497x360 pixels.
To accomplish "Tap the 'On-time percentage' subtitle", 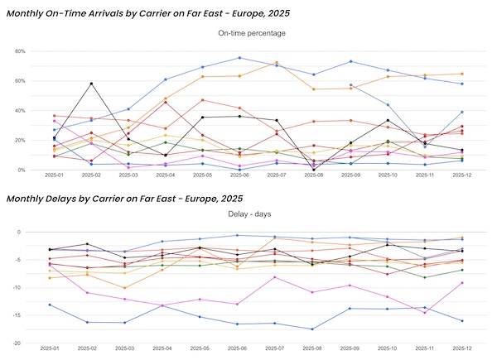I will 252,33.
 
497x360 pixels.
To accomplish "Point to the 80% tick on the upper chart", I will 19,51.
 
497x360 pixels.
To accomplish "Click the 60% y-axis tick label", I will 19,81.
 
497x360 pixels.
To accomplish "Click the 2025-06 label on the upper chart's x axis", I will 239,176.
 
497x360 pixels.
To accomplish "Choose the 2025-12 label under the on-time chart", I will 461,176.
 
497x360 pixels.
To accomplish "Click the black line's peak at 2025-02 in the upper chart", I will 91,84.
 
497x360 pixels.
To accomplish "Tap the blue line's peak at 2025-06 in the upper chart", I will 239,58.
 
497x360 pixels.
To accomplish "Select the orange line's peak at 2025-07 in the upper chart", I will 277,63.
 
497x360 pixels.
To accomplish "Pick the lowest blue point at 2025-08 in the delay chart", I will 313,329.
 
